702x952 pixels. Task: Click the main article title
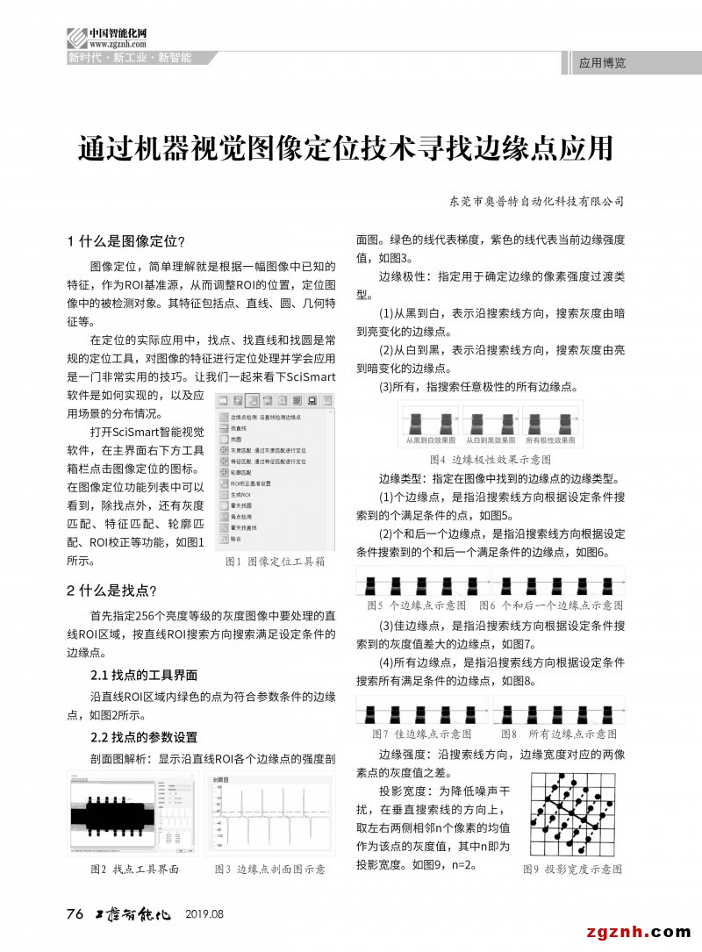tap(345, 148)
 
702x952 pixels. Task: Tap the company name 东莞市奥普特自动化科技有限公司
tap(535, 201)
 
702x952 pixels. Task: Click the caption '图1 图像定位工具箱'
tap(275, 560)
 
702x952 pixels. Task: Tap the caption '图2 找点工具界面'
tap(134, 869)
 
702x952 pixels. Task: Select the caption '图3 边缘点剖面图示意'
tap(269, 869)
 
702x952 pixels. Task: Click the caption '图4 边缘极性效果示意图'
tap(490, 458)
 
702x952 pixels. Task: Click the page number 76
tap(75, 914)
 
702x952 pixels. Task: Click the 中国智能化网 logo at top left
tap(107, 38)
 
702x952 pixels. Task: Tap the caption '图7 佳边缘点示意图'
tap(422, 733)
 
